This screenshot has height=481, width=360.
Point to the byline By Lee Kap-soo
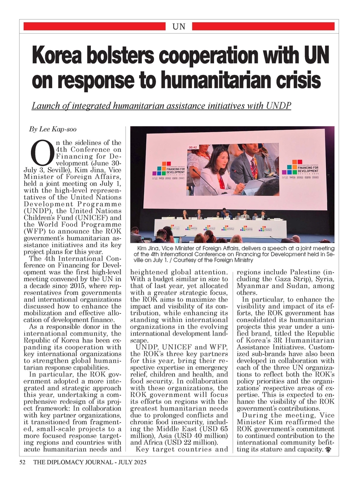[50, 129]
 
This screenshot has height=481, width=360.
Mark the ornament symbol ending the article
[328, 451]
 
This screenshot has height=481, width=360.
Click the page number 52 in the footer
[22, 462]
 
